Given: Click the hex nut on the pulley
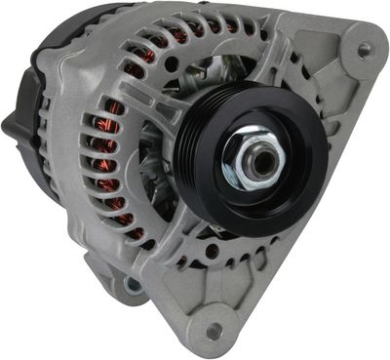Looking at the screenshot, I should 252,155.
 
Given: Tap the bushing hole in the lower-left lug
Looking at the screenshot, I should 131,286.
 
